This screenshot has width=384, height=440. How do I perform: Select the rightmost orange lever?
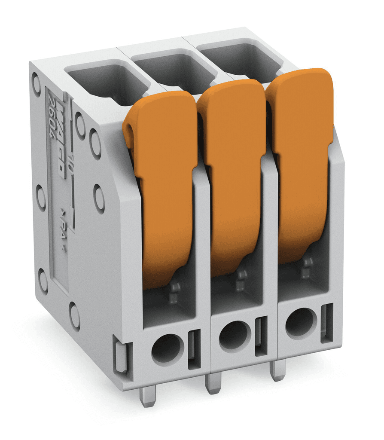coord(303,163)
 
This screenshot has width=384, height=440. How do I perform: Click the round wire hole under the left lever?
coord(168,348)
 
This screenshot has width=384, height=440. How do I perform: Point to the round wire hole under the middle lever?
coord(235,336)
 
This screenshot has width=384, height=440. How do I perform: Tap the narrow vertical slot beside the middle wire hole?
coord(261,337)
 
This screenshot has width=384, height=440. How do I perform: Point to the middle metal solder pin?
coord(213,383)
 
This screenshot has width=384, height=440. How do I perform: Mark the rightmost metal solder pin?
coord(278,370)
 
